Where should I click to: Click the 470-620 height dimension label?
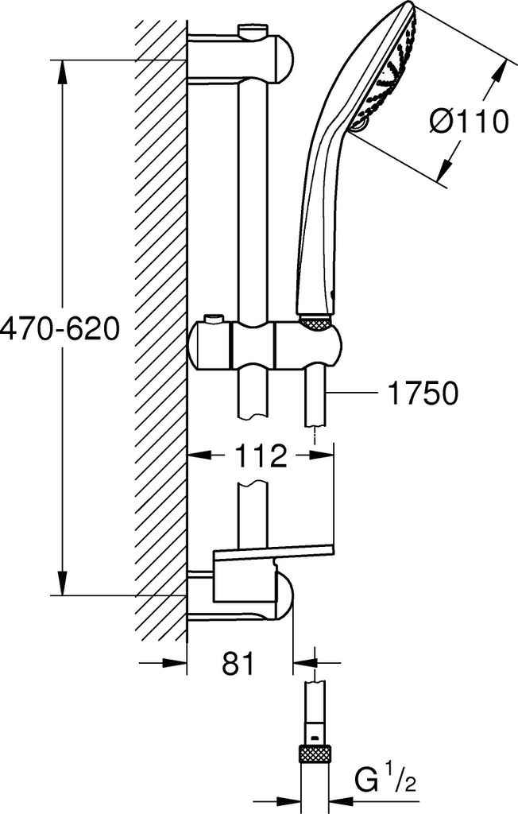pyautogui.click(x=60, y=330)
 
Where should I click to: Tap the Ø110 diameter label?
pyautogui.click(x=469, y=122)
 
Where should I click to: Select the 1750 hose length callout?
pyautogui.click(x=416, y=393)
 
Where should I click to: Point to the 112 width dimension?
pyautogui.click(x=261, y=455)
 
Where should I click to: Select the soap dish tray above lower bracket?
pyautogui.click(x=273, y=553)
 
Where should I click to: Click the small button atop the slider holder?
pyautogui.click(x=214, y=318)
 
